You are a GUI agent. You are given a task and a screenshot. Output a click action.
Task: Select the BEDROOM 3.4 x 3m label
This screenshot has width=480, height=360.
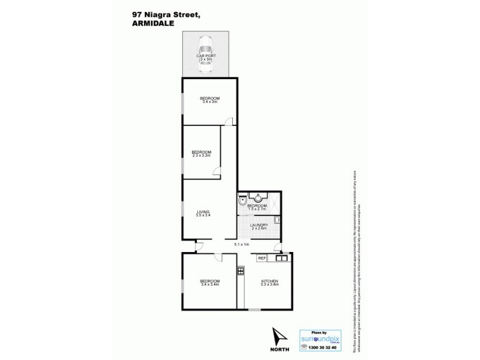(x=209, y=100)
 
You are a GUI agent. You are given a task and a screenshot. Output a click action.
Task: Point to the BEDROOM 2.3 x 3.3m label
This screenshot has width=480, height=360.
(x=201, y=154)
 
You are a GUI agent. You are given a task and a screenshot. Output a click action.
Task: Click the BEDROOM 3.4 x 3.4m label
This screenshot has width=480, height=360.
(x=209, y=282)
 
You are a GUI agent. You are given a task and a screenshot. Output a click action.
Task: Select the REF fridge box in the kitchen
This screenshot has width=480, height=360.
(x=261, y=259)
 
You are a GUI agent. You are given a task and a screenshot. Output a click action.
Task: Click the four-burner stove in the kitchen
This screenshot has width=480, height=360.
(x=241, y=271)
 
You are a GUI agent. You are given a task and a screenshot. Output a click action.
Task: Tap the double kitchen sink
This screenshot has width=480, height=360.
(x=281, y=259)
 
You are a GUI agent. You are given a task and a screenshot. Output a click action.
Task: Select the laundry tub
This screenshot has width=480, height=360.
(x=277, y=220)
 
